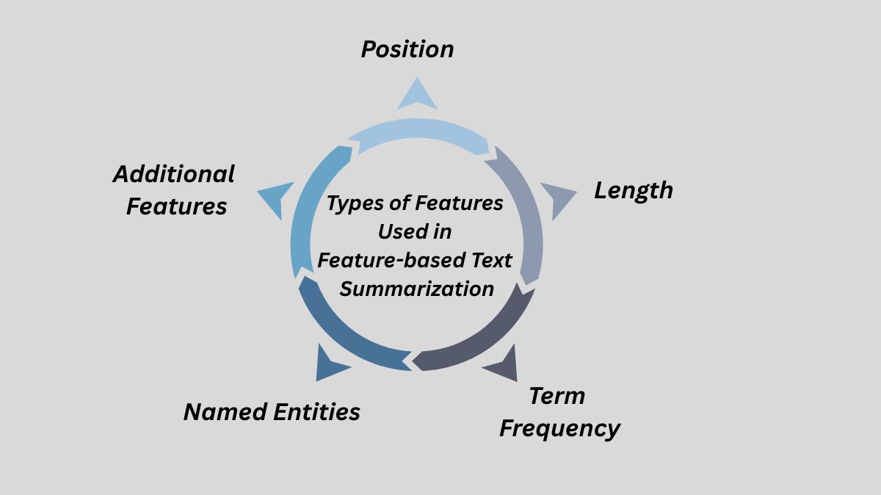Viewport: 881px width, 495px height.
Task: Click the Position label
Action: (x=407, y=49)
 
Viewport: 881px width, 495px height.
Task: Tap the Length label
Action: (x=633, y=190)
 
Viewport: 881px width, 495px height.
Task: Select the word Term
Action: (x=556, y=396)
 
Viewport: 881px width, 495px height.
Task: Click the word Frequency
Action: (x=559, y=428)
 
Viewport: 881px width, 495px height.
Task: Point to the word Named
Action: (x=225, y=411)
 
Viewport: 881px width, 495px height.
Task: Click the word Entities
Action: (x=316, y=411)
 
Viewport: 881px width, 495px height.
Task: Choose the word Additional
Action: (x=173, y=174)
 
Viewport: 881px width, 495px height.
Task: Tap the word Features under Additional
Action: (x=176, y=206)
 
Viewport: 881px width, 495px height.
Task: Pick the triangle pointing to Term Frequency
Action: (x=503, y=364)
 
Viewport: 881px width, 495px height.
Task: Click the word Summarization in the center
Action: (x=417, y=289)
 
